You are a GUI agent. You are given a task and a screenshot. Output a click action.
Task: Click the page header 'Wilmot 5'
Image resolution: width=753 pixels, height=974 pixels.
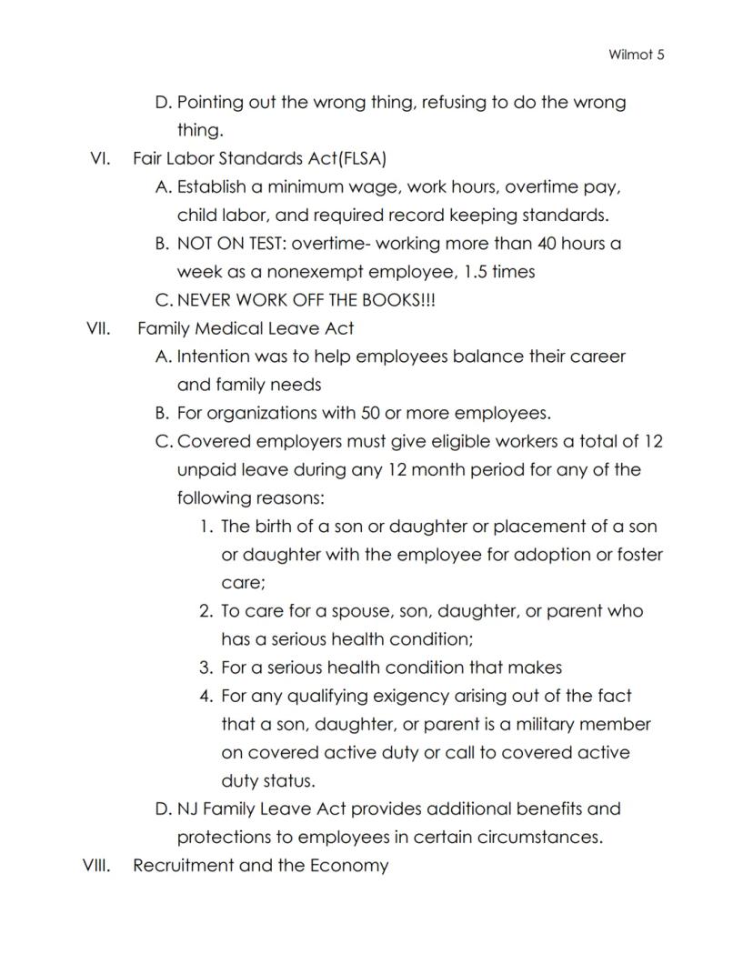[x=637, y=55]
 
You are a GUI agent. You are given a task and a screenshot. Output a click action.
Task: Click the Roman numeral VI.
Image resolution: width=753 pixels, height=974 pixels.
[x=100, y=159]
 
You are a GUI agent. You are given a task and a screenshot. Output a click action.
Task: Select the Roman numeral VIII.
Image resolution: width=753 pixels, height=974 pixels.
[x=96, y=866]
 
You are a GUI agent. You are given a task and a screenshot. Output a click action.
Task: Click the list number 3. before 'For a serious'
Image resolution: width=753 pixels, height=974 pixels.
[x=206, y=668]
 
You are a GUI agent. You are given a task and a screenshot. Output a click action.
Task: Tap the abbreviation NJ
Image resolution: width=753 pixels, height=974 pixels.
[x=188, y=809]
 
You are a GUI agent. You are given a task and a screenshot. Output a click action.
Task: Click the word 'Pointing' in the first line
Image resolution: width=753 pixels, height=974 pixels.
[x=210, y=103]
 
